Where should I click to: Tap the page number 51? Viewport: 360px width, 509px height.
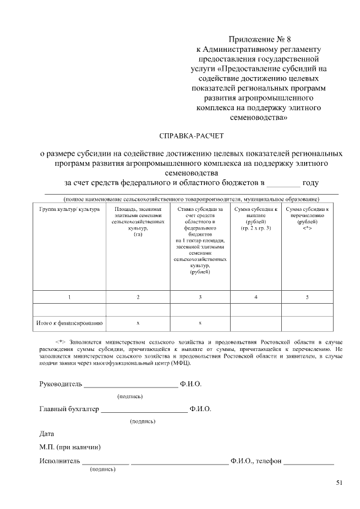pos(338,482)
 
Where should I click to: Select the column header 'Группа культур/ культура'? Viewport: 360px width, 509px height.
pos(70,209)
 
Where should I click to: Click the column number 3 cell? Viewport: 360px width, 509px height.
pos(200,296)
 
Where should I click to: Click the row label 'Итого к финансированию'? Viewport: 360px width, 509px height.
pos(70,323)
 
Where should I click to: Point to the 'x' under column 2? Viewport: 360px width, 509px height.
pos(138,323)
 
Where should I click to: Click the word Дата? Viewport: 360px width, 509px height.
pos(47,434)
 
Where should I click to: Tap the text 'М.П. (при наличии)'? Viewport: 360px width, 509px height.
pos(70,448)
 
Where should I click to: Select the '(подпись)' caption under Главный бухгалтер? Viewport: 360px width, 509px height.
pos(143,421)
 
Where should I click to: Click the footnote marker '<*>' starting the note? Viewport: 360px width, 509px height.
pos(61,341)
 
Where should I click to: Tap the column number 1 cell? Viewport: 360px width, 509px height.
pos(70,296)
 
